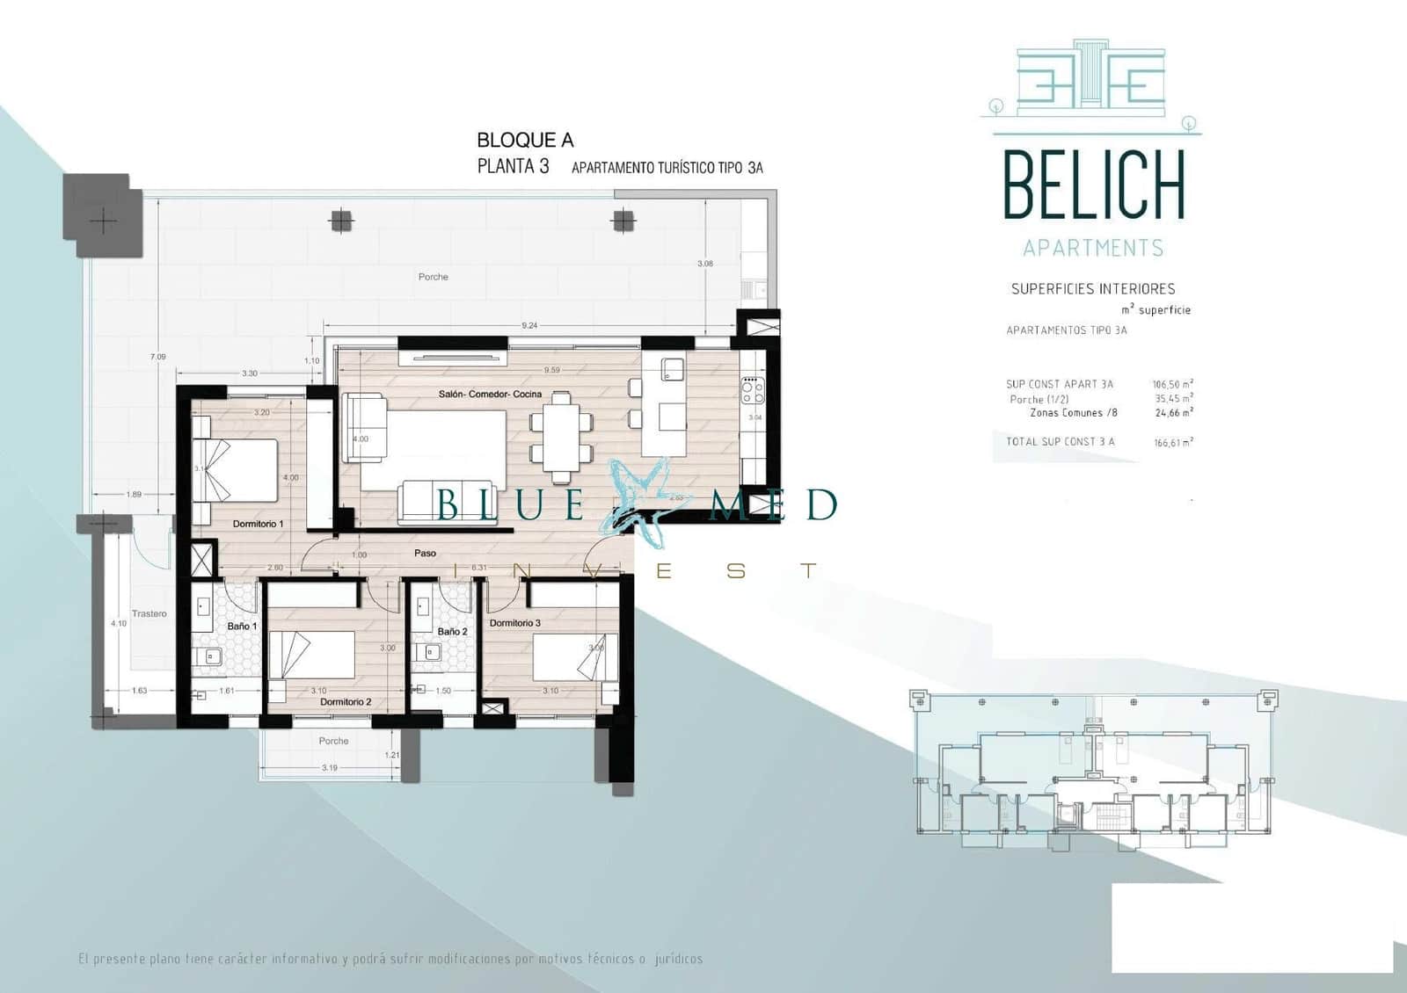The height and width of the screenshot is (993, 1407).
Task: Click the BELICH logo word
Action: (1094, 185)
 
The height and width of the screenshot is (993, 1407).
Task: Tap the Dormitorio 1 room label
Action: (258, 524)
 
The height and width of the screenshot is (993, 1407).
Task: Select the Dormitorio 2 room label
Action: (346, 702)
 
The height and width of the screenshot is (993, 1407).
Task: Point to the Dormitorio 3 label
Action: (515, 623)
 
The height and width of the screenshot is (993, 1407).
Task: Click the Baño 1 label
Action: (242, 627)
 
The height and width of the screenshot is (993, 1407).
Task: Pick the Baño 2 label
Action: (452, 632)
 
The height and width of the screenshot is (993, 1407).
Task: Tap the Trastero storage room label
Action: (149, 613)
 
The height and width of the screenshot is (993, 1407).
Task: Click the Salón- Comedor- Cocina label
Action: (490, 395)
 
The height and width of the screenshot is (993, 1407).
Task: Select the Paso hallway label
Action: (425, 554)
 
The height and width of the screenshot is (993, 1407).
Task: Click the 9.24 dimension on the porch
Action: (529, 326)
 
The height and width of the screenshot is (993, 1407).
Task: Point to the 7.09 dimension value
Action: (157, 357)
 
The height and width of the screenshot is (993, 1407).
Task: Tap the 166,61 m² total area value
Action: (1173, 443)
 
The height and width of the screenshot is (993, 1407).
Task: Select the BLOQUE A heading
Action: (525, 140)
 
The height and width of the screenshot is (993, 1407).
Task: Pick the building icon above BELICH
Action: (1090, 79)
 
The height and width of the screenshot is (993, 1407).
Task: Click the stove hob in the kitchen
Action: (753, 390)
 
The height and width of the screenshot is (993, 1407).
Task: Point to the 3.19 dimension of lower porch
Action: (329, 768)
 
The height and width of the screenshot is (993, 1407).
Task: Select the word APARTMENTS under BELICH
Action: (1093, 249)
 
